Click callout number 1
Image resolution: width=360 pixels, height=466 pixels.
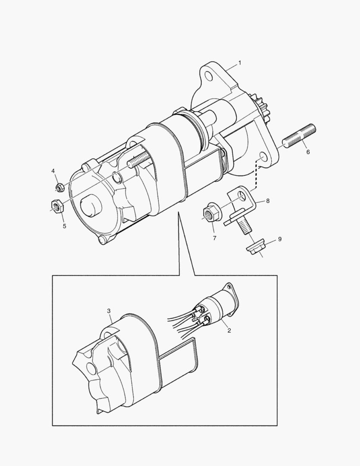[240, 63]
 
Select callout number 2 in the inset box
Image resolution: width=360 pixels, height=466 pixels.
[229, 330]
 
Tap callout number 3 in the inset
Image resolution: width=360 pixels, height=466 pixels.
[109, 311]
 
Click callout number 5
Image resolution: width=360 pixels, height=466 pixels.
[64, 226]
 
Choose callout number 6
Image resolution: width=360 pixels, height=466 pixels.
[308, 152]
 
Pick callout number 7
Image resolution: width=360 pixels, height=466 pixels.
[214, 238]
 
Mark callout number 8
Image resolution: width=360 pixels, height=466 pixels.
[268, 201]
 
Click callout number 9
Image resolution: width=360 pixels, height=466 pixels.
[280, 239]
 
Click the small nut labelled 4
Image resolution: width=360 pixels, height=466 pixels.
[59, 188]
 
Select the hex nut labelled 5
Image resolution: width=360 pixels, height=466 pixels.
[56, 206]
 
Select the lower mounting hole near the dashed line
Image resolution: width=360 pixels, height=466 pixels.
[263, 157]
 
